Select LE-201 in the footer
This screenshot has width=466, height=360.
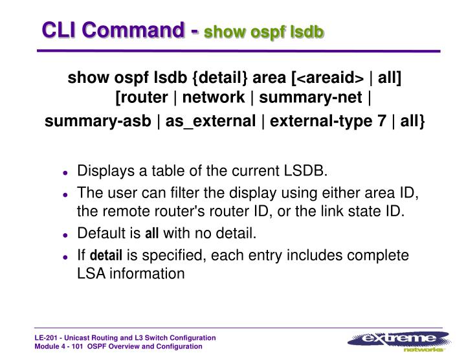[47, 338]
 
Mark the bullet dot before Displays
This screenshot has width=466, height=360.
[65, 172]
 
